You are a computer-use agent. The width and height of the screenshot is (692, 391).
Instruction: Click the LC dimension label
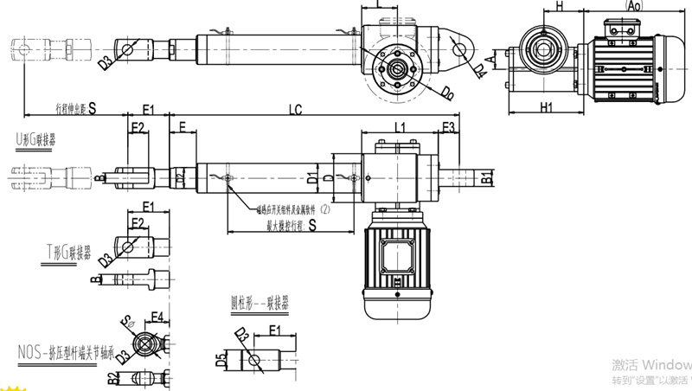296,110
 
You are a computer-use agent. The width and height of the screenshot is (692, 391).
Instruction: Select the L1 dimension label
400,127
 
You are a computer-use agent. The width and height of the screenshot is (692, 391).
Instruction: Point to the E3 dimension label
448,127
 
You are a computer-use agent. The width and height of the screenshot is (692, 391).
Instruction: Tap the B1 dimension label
487,178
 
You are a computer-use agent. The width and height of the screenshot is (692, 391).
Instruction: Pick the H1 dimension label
545,107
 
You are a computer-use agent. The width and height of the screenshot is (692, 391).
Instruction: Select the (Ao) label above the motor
634,5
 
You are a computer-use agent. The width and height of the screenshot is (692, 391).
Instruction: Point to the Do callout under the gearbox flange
446,91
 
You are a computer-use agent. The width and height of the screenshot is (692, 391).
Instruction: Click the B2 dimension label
112,377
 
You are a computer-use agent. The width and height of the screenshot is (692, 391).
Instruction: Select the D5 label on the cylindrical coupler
221,355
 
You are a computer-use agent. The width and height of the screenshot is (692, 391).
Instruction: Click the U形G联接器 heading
35,138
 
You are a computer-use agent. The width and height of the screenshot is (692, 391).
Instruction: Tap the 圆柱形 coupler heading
259,304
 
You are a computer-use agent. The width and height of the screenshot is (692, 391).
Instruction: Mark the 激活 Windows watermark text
650,363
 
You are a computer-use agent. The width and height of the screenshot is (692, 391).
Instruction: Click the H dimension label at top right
560,6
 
